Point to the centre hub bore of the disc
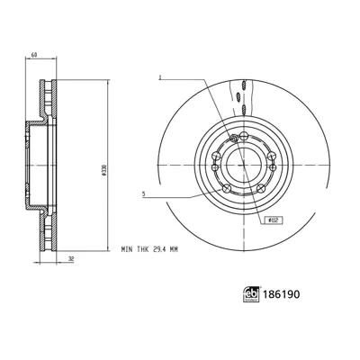pos(242,164)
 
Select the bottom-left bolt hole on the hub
pos(226,187)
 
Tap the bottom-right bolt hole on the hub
pos(259,187)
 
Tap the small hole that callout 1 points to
pos(233,138)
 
